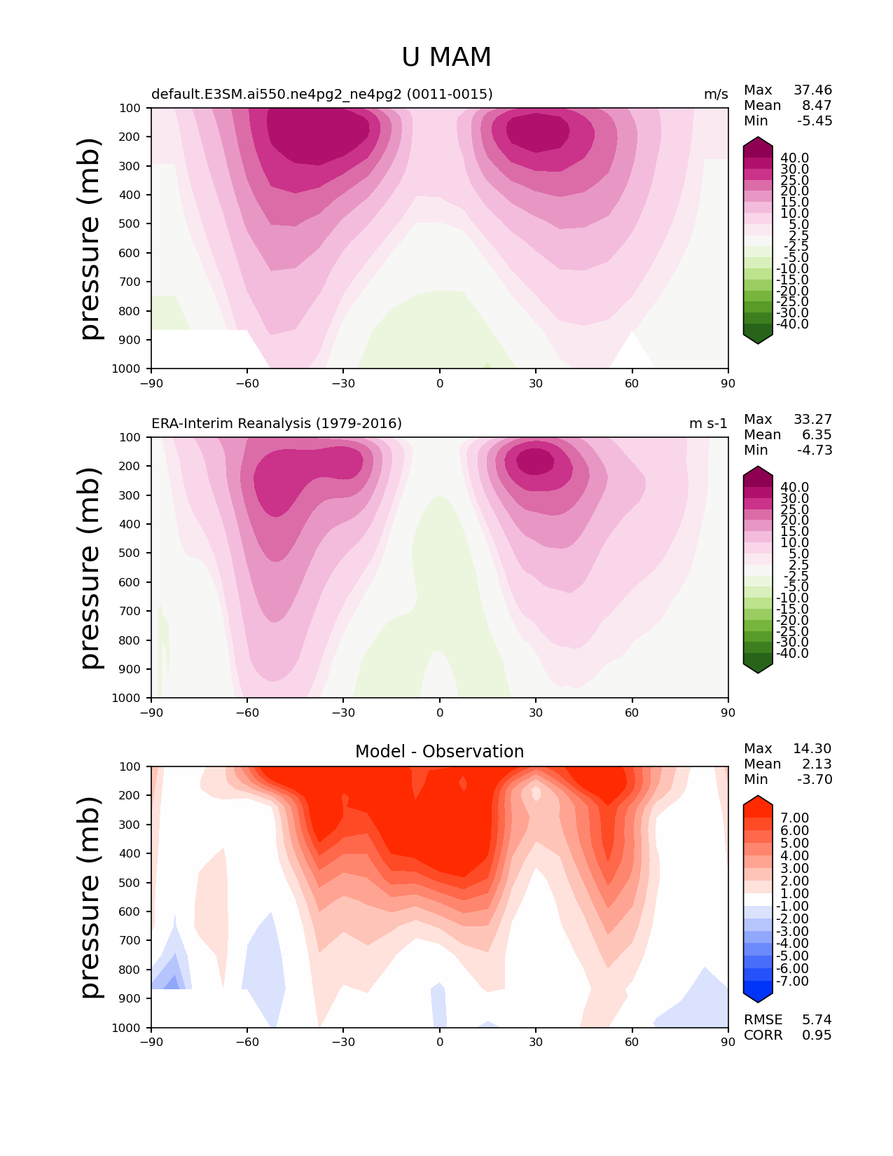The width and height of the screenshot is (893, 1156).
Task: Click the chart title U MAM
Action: pos(446,57)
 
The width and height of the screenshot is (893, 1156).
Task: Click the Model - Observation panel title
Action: pos(439,751)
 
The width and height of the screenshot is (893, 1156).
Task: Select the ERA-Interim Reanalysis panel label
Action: pos(277,423)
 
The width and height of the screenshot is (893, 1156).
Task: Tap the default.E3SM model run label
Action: pos(321,94)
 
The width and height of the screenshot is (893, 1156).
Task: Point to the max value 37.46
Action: pos(812,90)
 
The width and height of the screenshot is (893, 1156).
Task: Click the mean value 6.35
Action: pos(817,434)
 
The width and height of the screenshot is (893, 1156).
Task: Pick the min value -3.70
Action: pos(815,779)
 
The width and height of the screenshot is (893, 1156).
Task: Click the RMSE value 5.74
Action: pos(817,1019)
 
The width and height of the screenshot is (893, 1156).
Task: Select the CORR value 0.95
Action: pos(817,1035)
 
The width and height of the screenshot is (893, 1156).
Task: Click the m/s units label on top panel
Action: pos(716,94)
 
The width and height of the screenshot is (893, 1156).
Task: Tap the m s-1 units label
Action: pos(708,423)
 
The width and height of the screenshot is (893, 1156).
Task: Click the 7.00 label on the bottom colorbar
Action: pos(794,818)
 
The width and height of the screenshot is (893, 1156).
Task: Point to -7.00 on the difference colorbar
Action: pos(792,980)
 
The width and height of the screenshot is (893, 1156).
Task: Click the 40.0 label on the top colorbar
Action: pos(794,158)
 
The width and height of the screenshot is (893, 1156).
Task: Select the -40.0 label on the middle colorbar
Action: pos(792,653)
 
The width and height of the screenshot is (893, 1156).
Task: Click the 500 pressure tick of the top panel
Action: pos(130,223)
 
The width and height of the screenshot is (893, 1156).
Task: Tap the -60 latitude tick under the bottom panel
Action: pos(247,1042)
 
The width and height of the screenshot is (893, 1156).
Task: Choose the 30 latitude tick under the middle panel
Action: pos(536,713)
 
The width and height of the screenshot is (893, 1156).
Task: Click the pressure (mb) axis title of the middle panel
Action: pos(90,567)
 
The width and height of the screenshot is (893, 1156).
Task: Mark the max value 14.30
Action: pos(812,748)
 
